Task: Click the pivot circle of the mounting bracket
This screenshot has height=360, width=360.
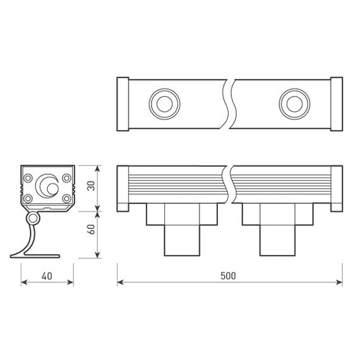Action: pyautogui.click(x=32, y=218)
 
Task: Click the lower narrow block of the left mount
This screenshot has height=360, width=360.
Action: pyautogui.click(x=181, y=240)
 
